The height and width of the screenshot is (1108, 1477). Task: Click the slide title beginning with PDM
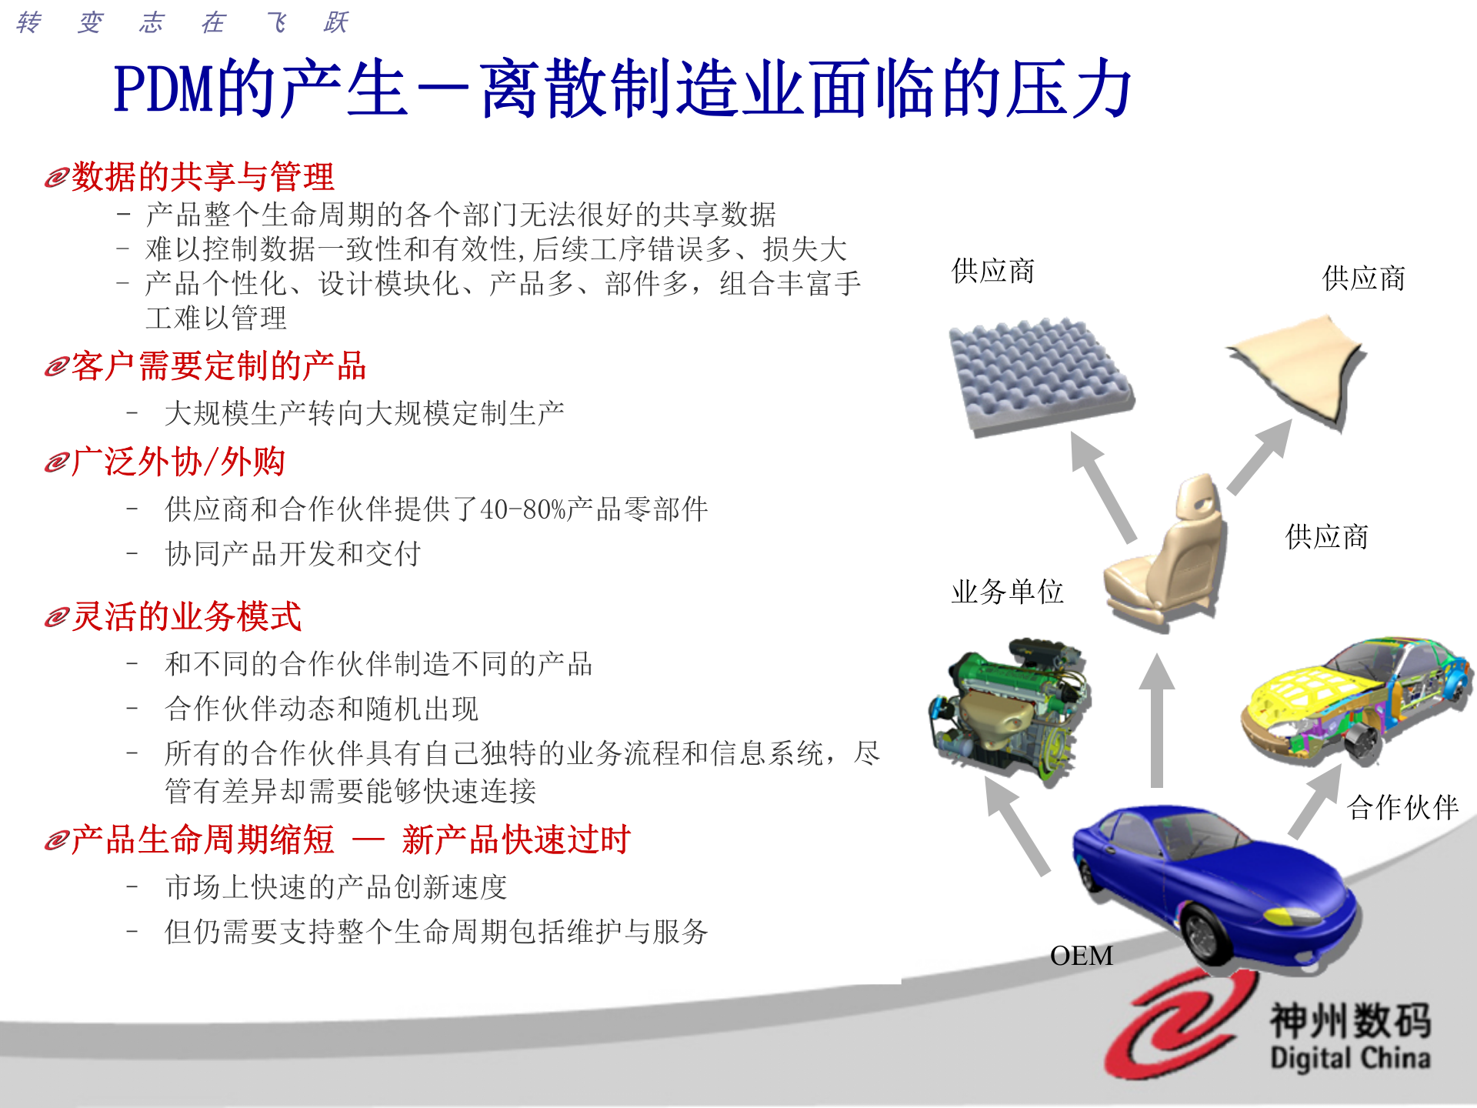(x=622, y=89)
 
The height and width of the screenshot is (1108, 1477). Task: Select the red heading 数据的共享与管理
(x=202, y=177)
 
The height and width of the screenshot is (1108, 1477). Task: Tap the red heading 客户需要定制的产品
(x=218, y=366)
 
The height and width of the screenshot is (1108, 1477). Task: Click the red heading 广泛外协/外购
(x=178, y=462)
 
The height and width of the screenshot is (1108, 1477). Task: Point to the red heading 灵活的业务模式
(x=186, y=616)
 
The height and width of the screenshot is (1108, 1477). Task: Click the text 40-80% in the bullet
(x=523, y=509)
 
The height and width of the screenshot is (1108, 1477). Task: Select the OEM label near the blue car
(x=1081, y=956)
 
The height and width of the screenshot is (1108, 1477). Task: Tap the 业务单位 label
(x=1007, y=592)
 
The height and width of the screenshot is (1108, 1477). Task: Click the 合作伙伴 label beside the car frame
(x=1402, y=807)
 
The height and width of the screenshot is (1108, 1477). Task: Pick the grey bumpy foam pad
(x=1039, y=373)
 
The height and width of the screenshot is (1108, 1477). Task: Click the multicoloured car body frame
(x=1354, y=696)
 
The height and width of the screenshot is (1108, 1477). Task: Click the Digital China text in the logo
(x=1350, y=1059)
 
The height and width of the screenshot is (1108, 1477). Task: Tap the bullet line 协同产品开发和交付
(x=292, y=554)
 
